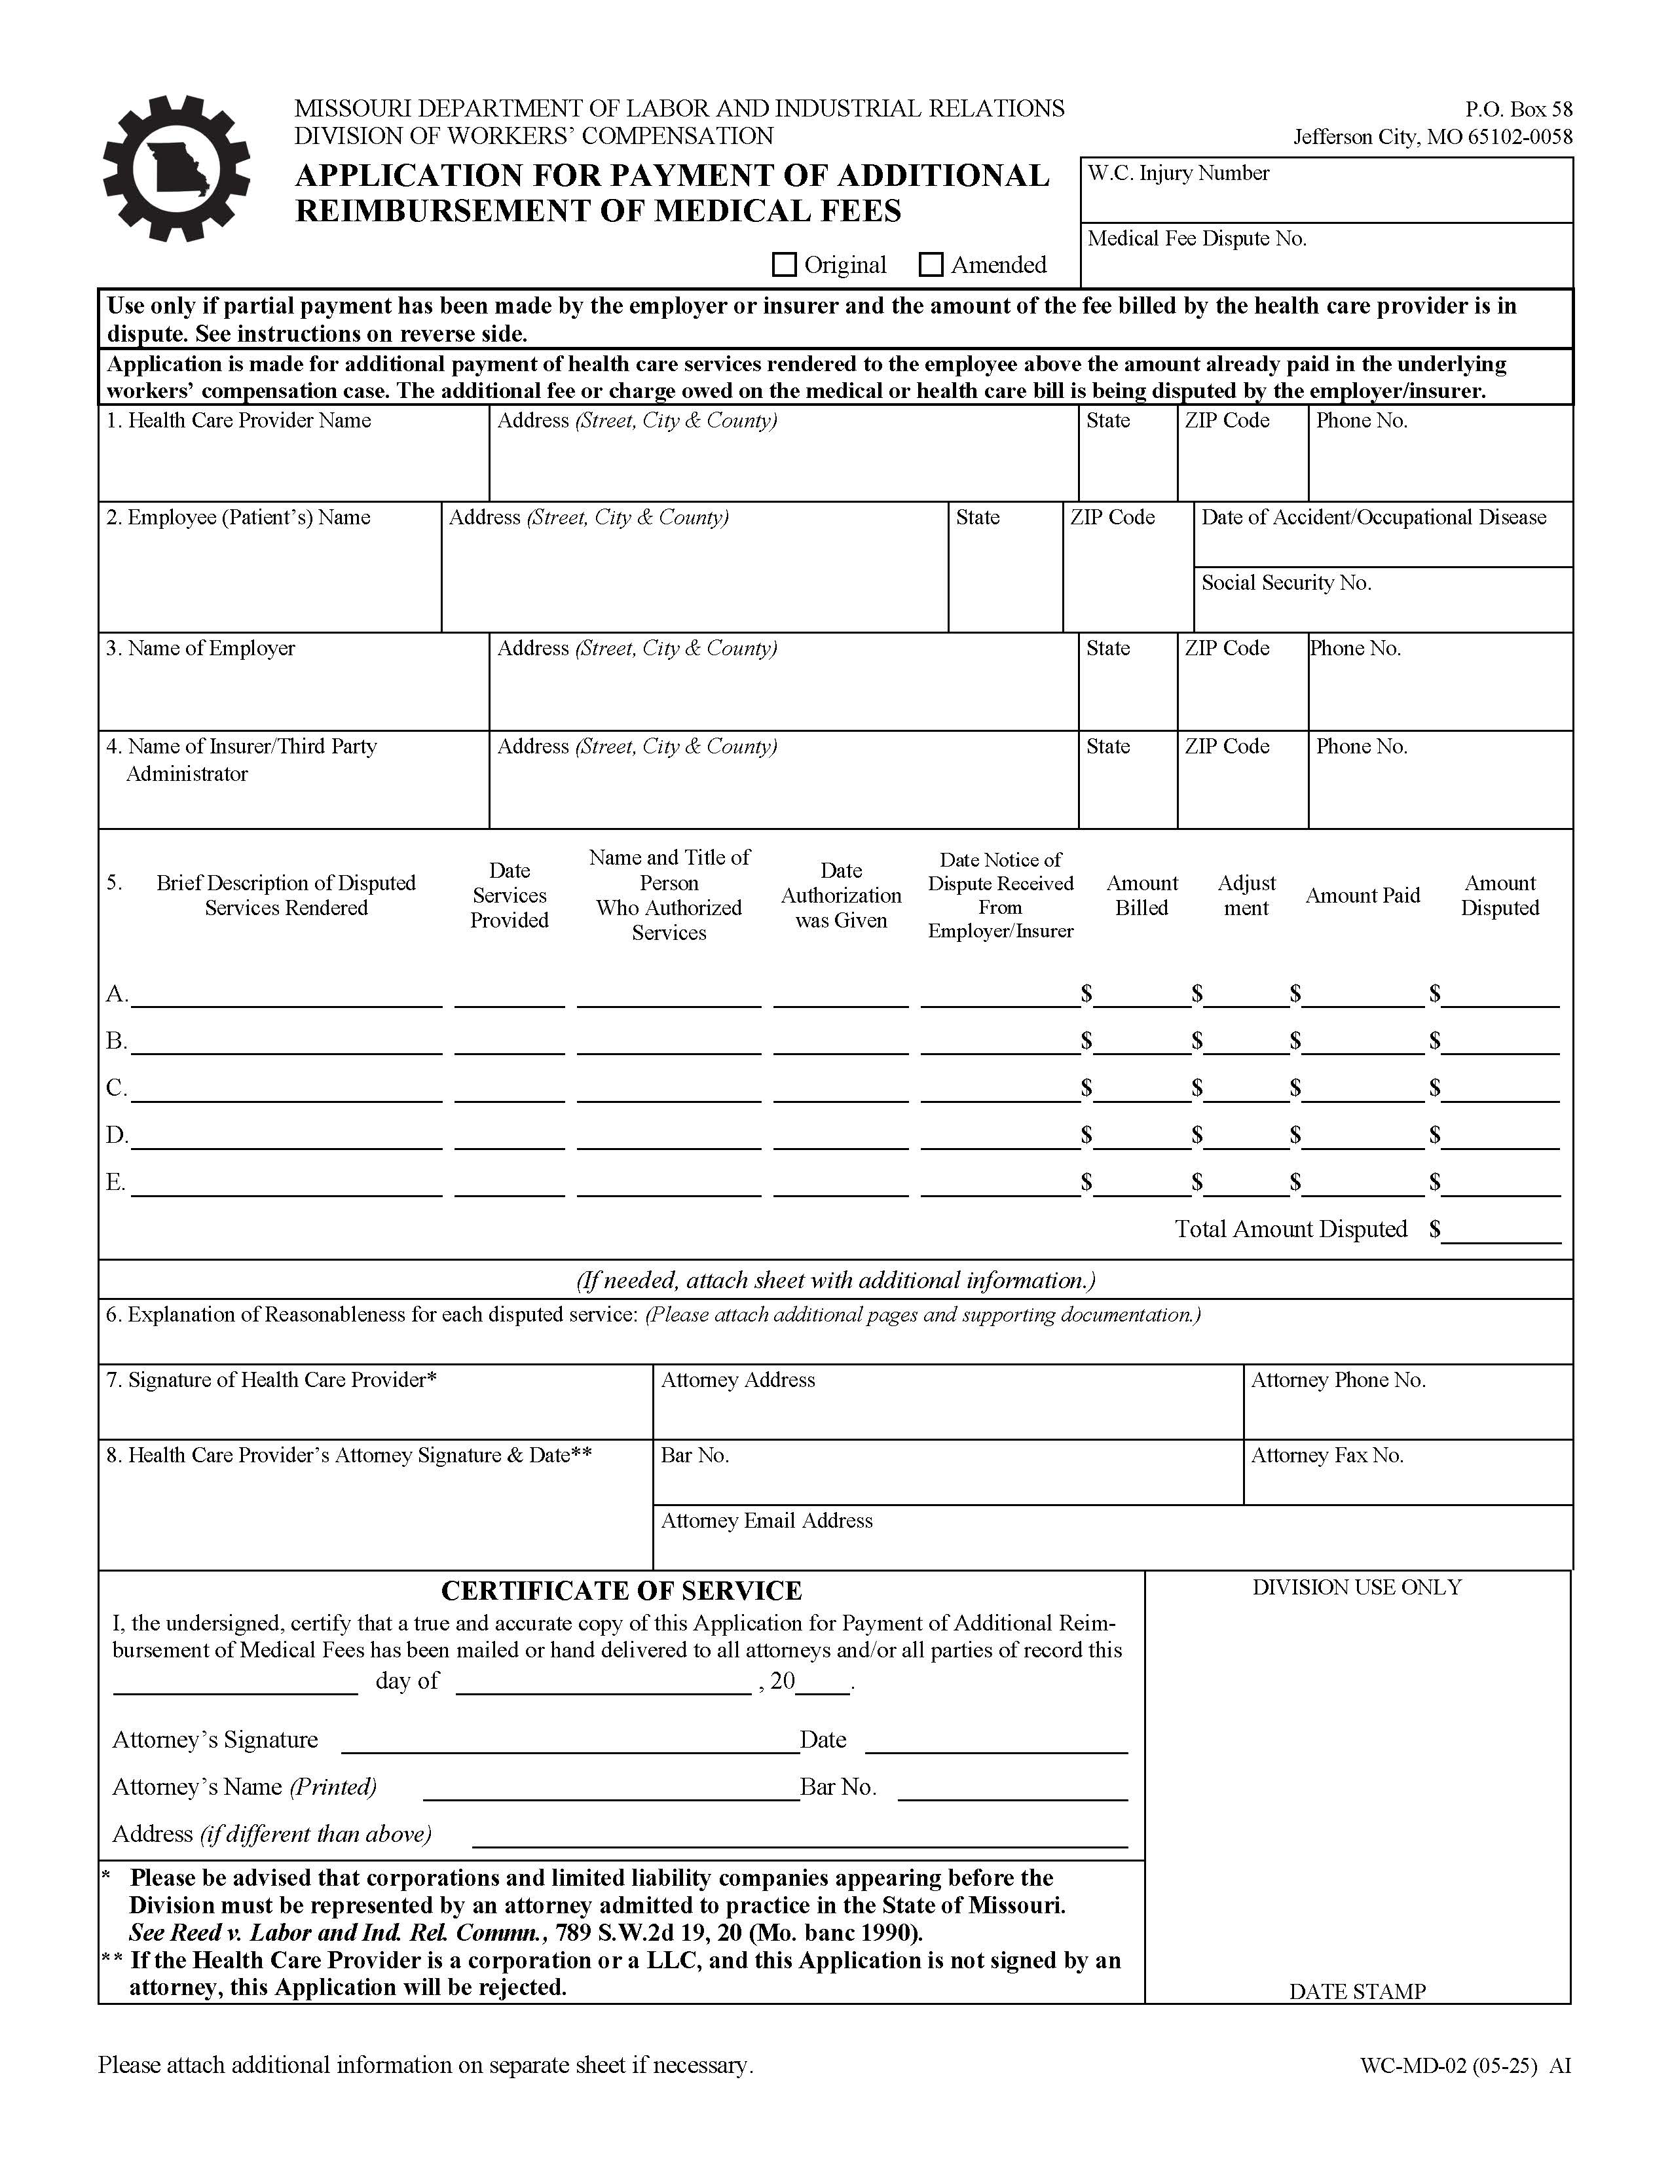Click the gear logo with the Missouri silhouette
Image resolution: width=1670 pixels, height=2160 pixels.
[177, 168]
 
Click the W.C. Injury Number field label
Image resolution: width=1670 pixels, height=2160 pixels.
[1178, 173]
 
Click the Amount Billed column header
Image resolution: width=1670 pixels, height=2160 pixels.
[1141, 895]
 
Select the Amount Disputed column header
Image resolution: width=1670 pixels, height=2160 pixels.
[1499, 895]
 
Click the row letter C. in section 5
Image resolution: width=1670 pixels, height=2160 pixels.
[116, 1088]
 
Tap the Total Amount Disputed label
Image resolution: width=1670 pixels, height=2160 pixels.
[1290, 1229]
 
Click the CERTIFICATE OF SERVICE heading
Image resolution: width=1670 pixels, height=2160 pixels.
[622, 1591]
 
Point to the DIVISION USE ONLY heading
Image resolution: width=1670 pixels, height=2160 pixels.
[1356, 1587]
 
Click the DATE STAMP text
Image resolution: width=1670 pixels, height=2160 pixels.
[1356, 1991]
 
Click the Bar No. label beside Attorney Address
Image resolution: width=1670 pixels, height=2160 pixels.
[694, 1455]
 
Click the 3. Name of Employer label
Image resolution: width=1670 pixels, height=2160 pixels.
[201, 648]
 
